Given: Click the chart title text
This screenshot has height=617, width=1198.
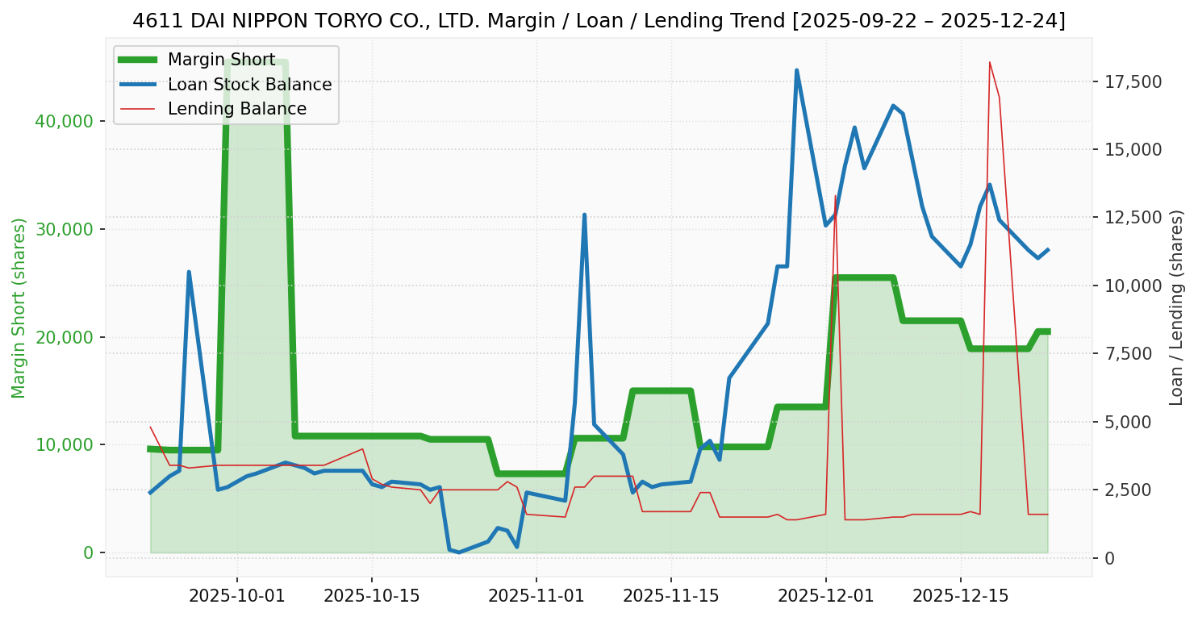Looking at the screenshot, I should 599,21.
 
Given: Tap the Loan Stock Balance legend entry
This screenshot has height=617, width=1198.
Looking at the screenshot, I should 249,85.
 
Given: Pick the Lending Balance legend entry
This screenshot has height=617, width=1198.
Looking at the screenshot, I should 236,109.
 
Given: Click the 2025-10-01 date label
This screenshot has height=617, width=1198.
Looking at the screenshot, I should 237,597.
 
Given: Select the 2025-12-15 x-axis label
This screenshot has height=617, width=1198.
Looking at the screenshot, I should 960,597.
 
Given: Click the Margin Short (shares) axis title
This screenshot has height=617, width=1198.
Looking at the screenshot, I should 19,307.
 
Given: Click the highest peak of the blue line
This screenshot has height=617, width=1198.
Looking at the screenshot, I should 796,71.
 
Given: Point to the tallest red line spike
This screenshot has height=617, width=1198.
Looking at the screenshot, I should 989,62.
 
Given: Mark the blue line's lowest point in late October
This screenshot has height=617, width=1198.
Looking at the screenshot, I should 459,552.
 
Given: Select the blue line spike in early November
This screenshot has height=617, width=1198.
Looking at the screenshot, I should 584,215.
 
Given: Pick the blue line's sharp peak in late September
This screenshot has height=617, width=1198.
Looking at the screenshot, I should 189,273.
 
